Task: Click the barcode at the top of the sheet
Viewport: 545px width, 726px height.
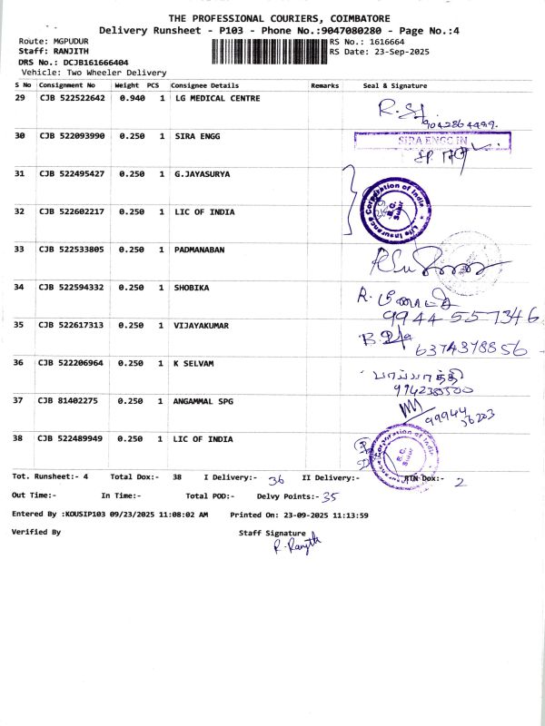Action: (270, 49)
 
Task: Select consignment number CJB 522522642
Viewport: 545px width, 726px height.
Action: (72, 98)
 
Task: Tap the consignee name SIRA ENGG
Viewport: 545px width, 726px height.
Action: (199, 136)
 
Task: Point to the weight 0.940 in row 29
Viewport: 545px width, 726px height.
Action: (132, 98)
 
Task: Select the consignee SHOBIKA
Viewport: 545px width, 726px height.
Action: (193, 287)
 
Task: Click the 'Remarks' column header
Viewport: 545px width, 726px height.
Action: (324, 84)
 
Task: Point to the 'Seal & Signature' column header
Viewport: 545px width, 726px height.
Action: (394, 84)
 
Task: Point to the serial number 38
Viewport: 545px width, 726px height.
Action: (19, 438)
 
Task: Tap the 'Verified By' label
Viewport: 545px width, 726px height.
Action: (35, 533)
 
